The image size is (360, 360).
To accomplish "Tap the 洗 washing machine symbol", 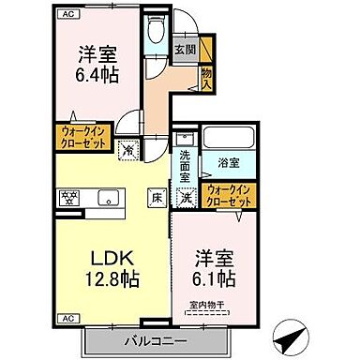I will tap(187, 197).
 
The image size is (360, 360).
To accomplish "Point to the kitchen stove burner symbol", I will tap(69, 197).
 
